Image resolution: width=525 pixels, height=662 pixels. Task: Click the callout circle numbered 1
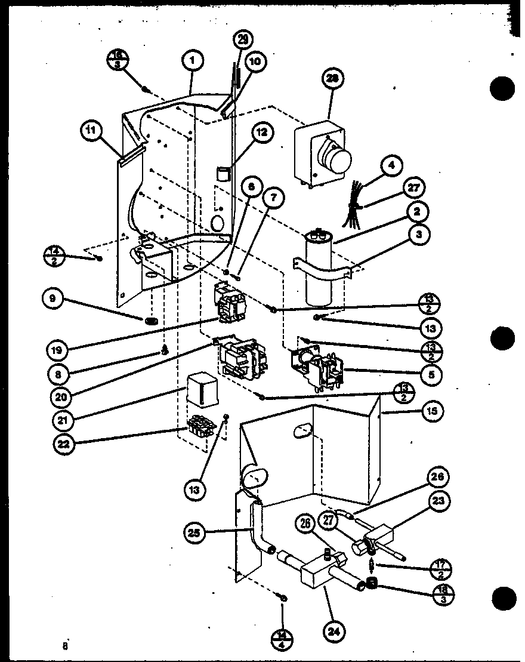coord(194,60)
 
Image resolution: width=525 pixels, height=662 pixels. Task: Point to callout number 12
coord(262,133)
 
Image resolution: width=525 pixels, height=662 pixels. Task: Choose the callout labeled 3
coord(420,235)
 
